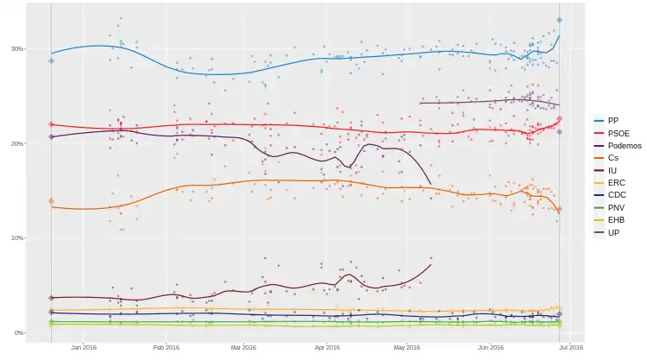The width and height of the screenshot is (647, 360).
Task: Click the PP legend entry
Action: point(612,120)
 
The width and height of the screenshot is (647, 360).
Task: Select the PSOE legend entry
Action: point(618,133)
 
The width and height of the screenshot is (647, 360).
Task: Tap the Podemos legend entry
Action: point(624,146)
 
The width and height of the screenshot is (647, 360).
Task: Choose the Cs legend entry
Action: point(612,158)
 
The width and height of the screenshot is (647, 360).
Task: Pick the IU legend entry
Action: point(612,171)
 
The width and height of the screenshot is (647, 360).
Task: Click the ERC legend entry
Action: point(614,183)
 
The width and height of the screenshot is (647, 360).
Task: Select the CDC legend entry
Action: point(615,195)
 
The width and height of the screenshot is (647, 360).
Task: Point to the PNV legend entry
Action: point(614,208)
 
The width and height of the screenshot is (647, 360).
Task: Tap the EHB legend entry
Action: point(614,220)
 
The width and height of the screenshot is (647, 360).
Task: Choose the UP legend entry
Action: point(612,233)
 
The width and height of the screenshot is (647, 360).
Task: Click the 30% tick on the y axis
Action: point(17,48)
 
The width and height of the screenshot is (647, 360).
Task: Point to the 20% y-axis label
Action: point(17,143)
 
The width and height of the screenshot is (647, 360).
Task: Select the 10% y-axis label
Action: point(17,238)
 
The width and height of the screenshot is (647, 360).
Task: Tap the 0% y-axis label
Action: point(19,333)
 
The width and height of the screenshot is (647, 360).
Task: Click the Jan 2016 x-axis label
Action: point(84,348)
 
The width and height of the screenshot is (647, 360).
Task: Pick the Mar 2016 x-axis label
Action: point(244,348)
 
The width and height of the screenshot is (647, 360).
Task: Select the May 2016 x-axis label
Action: point(406,348)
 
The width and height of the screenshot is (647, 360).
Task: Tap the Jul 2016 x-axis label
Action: point(571,348)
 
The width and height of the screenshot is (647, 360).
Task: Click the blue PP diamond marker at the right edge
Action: point(560,20)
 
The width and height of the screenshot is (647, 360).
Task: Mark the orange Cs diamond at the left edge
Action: point(52,201)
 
